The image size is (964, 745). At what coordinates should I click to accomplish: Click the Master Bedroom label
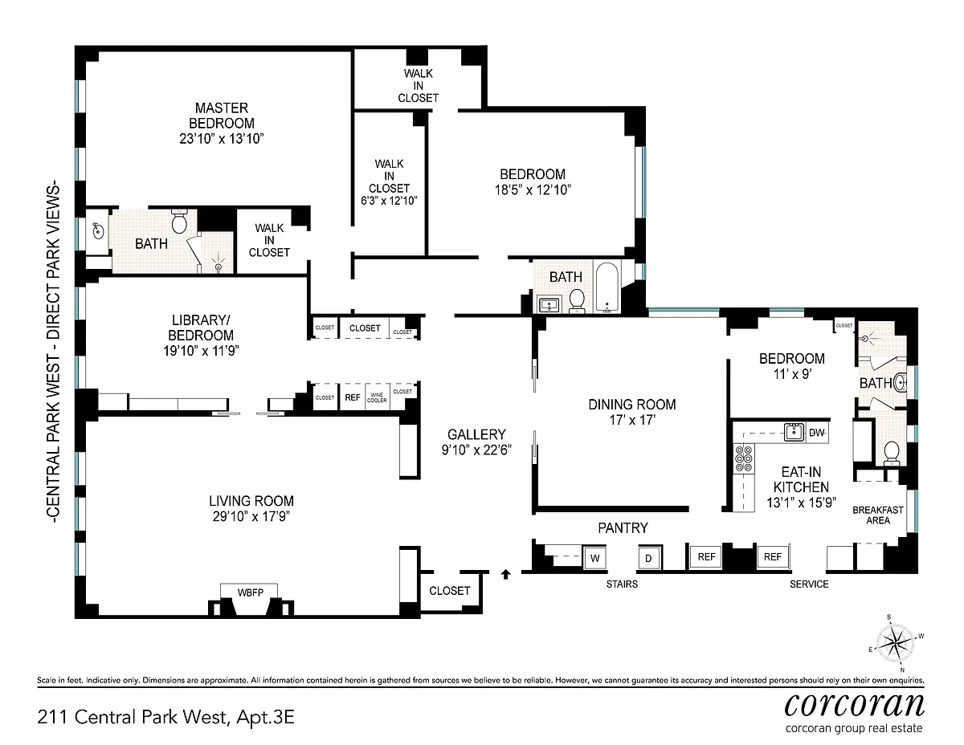click(x=222, y=116)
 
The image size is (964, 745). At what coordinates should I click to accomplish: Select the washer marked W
click(x=594, y=558)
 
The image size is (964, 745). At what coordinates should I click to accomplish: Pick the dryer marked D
click(x=648, y=558)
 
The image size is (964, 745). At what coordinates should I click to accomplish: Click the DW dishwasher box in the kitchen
click(x=816, y=433)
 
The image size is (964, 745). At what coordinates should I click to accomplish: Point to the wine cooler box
click(x=377, y=397)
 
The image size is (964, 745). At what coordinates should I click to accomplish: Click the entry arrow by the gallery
click(x=506, y=574)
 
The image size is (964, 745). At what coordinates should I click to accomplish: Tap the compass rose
click(x=895, y=642)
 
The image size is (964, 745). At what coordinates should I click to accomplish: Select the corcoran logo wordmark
click(x=854, y=704)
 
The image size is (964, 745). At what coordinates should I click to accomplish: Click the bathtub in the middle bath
click(x=607, y=287)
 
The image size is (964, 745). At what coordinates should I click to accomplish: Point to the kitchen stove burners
click(x=744, y=458)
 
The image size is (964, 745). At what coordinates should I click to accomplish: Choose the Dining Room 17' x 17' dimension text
click(x=632, y=420)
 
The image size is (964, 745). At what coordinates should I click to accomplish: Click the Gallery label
click(x=476, y=434)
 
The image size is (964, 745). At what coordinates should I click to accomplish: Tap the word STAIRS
click(x=622, y=584)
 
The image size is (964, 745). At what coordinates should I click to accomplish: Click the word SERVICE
click(x=809, y=584)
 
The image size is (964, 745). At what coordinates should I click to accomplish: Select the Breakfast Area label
click(x=878, y=515)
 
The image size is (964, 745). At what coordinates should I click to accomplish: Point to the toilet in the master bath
click(x=179, y=221)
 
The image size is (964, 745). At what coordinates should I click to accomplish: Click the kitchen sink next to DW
click(x=794, y=432)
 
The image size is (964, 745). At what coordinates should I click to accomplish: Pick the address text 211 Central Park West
click(x=133, y=717)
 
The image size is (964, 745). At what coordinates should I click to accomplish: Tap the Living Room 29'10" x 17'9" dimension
click(x=251, y=516)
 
